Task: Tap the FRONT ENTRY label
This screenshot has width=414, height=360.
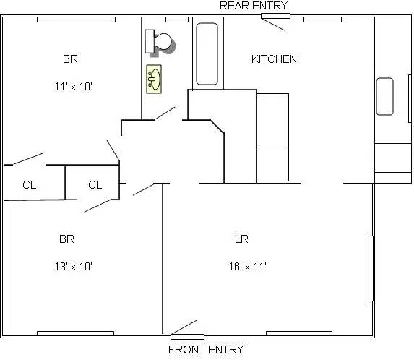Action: (205, 350)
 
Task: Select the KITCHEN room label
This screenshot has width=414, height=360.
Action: (273, 59)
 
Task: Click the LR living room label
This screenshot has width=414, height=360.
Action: (242, 239)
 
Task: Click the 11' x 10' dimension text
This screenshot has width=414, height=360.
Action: (74, 86)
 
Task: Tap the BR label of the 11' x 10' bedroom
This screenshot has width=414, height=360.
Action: (70, 59)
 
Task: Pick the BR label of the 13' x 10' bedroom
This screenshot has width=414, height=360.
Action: (66, 239)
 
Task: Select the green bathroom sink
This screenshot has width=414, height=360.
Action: (154, 78)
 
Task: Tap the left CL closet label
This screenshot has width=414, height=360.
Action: (29, 185)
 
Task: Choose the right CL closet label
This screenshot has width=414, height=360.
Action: (95, 185)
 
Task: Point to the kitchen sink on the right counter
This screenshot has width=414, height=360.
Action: (384, 96)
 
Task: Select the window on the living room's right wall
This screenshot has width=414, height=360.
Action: (371, 268)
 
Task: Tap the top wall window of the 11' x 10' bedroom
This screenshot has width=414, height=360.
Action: (76, 19)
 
